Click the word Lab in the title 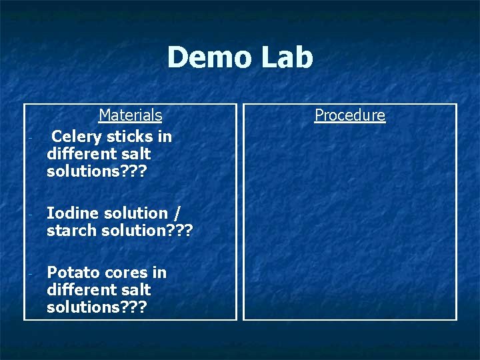[286, 57]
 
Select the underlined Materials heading [130, 115]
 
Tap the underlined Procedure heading [350, 115]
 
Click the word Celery [75, 137]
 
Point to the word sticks [129, 137]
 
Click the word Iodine [72, 213]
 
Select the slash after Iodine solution [176, 213]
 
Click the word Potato [71, 273]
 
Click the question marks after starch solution [182, 231]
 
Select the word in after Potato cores [159, 273]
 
